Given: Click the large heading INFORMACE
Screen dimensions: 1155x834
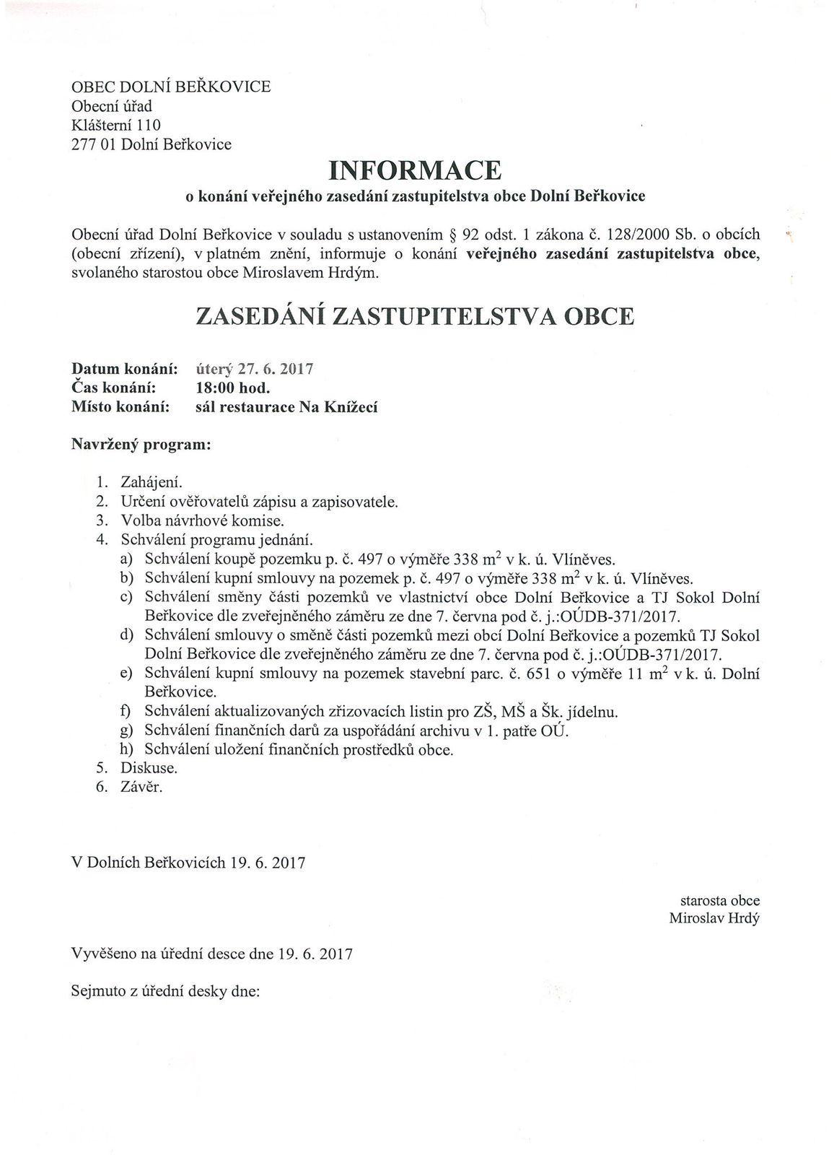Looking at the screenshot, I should tap(415, 170).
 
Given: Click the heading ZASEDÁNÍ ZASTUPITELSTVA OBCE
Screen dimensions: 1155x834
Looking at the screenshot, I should tap(415, 317).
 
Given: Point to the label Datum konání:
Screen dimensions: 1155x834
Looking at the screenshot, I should tap(125, 369).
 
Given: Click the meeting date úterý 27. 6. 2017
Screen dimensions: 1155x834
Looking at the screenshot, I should tap(254, 369).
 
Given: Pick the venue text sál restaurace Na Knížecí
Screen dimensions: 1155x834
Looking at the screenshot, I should tap(286, 407).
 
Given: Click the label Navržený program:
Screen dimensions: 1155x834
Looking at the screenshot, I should tap(141, 445).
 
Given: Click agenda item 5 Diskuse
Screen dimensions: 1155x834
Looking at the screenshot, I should tap(149, 767).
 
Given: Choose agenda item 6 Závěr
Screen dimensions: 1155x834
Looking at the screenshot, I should tap(141, 787).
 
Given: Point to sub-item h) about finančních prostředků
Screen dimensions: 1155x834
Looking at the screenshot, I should tap(299, 749).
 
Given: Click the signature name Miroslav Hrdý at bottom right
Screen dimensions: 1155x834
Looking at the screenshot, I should tap(714, 919).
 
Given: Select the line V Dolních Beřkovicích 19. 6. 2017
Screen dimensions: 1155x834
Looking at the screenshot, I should tap(188, 863).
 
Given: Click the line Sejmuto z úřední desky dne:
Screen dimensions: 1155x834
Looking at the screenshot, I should tap(165, 991).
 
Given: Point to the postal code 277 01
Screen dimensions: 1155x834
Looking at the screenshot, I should tap(94, 144).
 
